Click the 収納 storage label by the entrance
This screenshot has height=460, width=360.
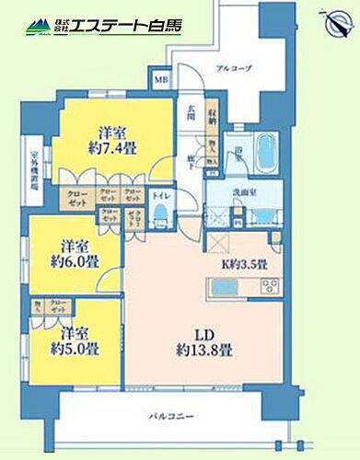212,114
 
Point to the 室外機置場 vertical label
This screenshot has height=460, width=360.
34,167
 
